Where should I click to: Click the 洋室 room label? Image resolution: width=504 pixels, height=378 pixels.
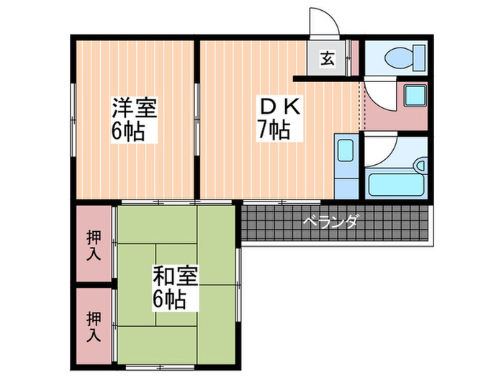134,110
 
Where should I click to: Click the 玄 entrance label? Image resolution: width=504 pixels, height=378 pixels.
326,59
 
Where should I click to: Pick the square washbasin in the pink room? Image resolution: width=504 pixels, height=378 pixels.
415,97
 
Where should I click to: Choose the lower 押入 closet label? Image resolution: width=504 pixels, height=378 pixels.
94,326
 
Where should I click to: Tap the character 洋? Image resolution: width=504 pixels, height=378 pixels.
122,110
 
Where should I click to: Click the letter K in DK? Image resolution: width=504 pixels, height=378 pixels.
294,107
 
